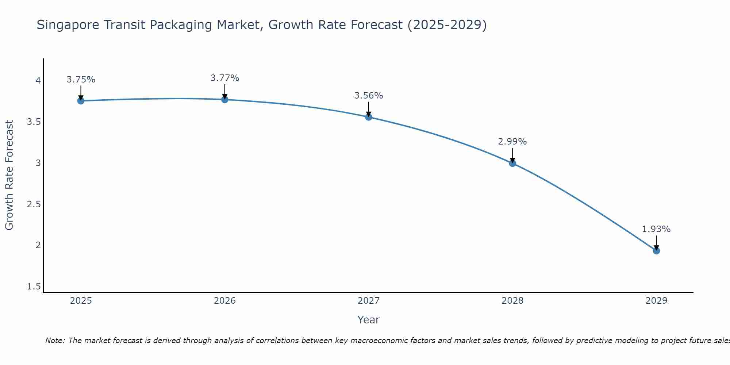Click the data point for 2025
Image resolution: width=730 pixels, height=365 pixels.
coord(81,101)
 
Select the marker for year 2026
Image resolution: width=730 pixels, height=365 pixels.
coord(225,99)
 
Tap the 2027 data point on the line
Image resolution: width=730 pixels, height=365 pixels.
coord(369,117)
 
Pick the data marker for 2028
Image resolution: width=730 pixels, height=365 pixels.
coord(512,163)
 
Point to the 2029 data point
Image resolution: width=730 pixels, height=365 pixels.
coord(656,251)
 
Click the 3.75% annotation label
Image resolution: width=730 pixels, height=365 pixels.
coord(81,80)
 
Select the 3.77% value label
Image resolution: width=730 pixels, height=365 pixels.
coord(225,78)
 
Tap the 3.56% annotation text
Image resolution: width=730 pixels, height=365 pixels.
coord(369,96)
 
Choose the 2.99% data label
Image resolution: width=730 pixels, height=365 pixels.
coord(512,142)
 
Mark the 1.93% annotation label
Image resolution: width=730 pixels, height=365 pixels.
coord(656,229)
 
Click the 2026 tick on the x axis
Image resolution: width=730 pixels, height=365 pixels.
coord(225,301)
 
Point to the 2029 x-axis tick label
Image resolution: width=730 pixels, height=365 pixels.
coord(656,301)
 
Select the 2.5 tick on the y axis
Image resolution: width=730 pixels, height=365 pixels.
coord(34,204)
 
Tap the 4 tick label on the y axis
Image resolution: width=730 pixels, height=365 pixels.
coord(38,80)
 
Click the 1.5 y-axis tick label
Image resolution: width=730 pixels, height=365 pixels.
coord(34,287)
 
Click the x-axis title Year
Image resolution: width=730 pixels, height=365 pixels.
coord(369,320)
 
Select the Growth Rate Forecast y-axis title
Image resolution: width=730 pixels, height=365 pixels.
coord(9,175)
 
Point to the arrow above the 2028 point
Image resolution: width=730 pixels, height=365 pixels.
coord(512,155)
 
